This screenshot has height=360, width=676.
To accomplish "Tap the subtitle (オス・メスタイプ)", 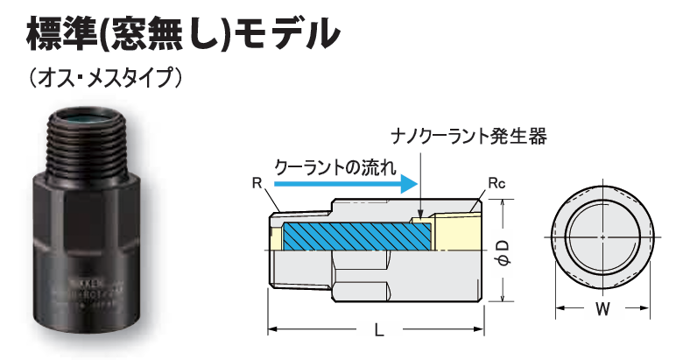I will coord(104,78).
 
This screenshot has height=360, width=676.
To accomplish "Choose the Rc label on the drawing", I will coord(496,184).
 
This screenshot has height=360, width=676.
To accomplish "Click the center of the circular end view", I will coord(603,237).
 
